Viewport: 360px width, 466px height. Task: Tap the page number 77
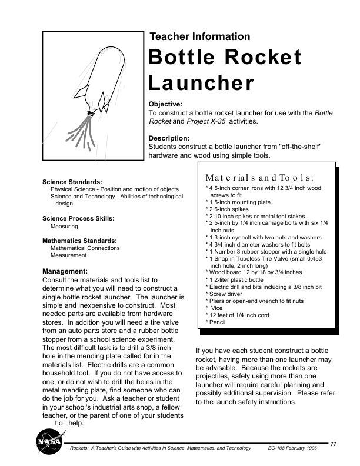[334, 443]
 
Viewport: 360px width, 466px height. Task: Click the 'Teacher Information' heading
[200, 36]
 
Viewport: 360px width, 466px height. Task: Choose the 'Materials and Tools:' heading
[259, 177]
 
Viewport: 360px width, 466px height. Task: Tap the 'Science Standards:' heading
[72, 182]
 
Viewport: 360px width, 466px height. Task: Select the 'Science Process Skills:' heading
[78, 218]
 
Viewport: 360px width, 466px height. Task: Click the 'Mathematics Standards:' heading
[79, 241]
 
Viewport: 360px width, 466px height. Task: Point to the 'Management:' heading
[65, 271]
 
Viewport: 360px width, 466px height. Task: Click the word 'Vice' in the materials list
[217, 308]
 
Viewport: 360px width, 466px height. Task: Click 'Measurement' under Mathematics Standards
[69, 256]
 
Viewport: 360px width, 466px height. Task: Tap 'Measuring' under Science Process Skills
[64, 226]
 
